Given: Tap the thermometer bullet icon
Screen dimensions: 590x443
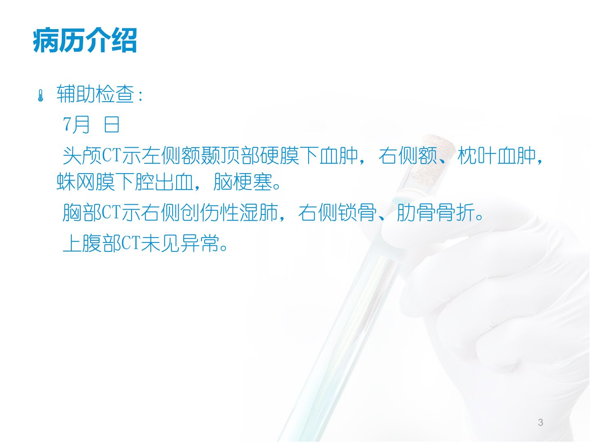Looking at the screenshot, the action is pos(41,96).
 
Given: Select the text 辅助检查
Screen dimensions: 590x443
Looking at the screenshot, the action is pos(95,94).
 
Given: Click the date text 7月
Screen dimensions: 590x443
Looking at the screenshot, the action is pos(76,125).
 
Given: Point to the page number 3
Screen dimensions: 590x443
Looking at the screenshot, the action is pos(540,422).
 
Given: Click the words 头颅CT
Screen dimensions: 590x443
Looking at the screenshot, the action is pos(91,156).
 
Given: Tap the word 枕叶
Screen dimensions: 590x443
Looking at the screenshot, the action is pos(477,156).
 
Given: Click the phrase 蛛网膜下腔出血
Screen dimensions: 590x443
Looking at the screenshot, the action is pos(125,182).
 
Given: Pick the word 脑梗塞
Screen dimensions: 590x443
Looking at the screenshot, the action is pos(243,182).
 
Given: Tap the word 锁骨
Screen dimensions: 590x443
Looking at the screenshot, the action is pos(357,212).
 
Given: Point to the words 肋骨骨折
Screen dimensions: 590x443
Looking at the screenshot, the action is pos(436,212).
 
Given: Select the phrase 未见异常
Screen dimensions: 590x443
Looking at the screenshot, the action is pos(180,243).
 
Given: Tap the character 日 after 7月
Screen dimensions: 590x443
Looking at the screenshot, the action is pos(112,125).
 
